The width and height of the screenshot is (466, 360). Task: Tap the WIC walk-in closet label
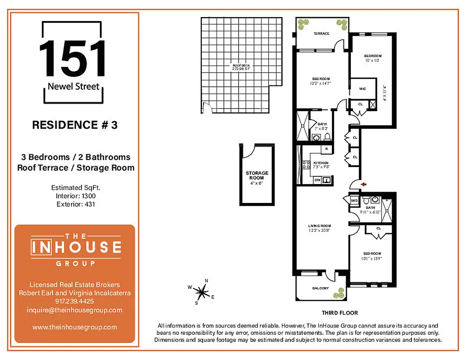click(362, 89)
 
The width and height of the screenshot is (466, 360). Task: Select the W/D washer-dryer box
click(353, 200)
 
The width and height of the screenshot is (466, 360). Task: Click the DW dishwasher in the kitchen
click(317, 180)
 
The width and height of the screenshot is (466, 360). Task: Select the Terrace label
click(321, 33)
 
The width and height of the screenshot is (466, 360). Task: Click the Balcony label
click(320, 288)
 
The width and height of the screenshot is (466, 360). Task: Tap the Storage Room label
click(257, 175)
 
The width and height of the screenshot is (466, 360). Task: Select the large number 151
click(73, 58)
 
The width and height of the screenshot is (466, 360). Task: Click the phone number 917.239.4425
click(75, 301)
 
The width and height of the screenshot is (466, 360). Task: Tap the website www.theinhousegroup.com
click(75, 327)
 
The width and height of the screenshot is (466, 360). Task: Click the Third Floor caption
click(339, 313)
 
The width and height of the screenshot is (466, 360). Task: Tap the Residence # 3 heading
click(75, 125)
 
